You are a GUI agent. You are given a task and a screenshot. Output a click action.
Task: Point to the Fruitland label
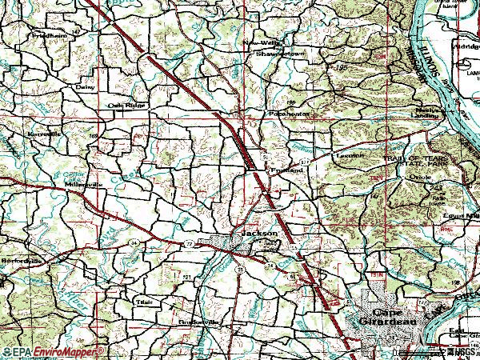[286, 170]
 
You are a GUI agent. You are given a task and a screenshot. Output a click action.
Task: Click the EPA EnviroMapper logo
[53, 351]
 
